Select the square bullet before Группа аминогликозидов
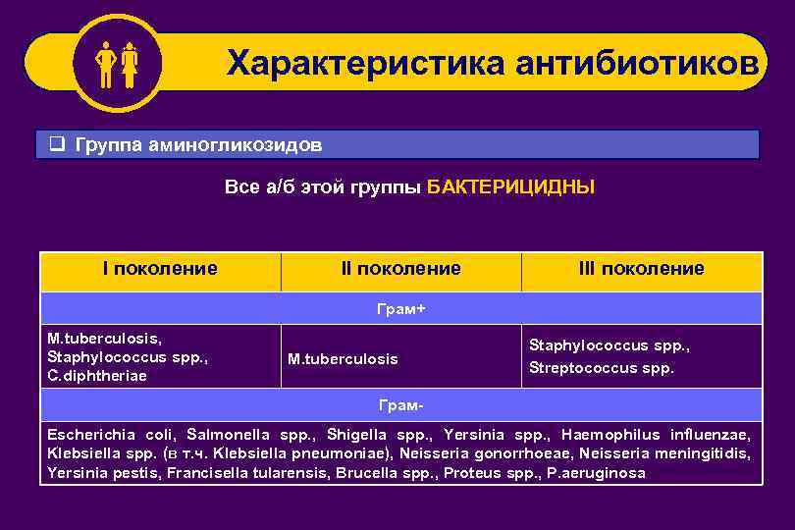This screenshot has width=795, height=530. coord(58,145)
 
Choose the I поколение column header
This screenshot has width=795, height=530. coord(161,268)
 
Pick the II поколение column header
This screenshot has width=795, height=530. coord(400,269)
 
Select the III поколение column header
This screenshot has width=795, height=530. coord(641,269)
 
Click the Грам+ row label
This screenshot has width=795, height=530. coord(400,308)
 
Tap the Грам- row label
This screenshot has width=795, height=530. coord(400,404)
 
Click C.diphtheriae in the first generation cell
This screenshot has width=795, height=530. coord(97,376)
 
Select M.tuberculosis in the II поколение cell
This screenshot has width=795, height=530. coord(343,359)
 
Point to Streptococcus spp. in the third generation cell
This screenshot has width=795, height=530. coord(602,369)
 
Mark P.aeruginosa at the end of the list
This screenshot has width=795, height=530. coord(599,473)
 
